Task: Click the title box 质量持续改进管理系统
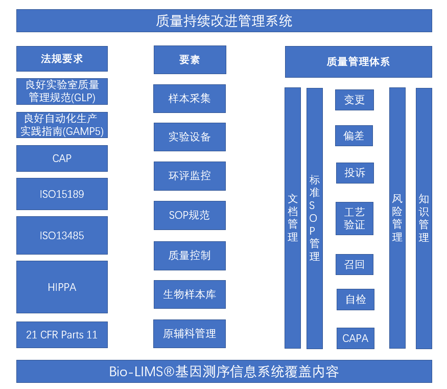point(224,21)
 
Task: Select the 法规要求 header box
point(62,59)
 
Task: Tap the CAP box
point(62,158)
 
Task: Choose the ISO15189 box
point(62,194)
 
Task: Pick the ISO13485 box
point(62,236)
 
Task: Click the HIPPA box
point(62,287)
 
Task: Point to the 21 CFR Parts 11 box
point(62,335)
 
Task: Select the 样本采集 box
point(190,99)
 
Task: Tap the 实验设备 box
point(190,137)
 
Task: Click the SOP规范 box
point(190,215)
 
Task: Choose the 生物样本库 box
point(190,294)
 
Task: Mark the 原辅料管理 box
point(190,334)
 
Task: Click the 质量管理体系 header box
point(358,62)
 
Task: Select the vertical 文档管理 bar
point(293,218)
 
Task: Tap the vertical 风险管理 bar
point(397,218)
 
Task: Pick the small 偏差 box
point(354,136)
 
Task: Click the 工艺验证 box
point(355,218)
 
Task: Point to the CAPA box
point(356,338)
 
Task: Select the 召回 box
point(355,265)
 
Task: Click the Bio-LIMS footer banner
point(224,372)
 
